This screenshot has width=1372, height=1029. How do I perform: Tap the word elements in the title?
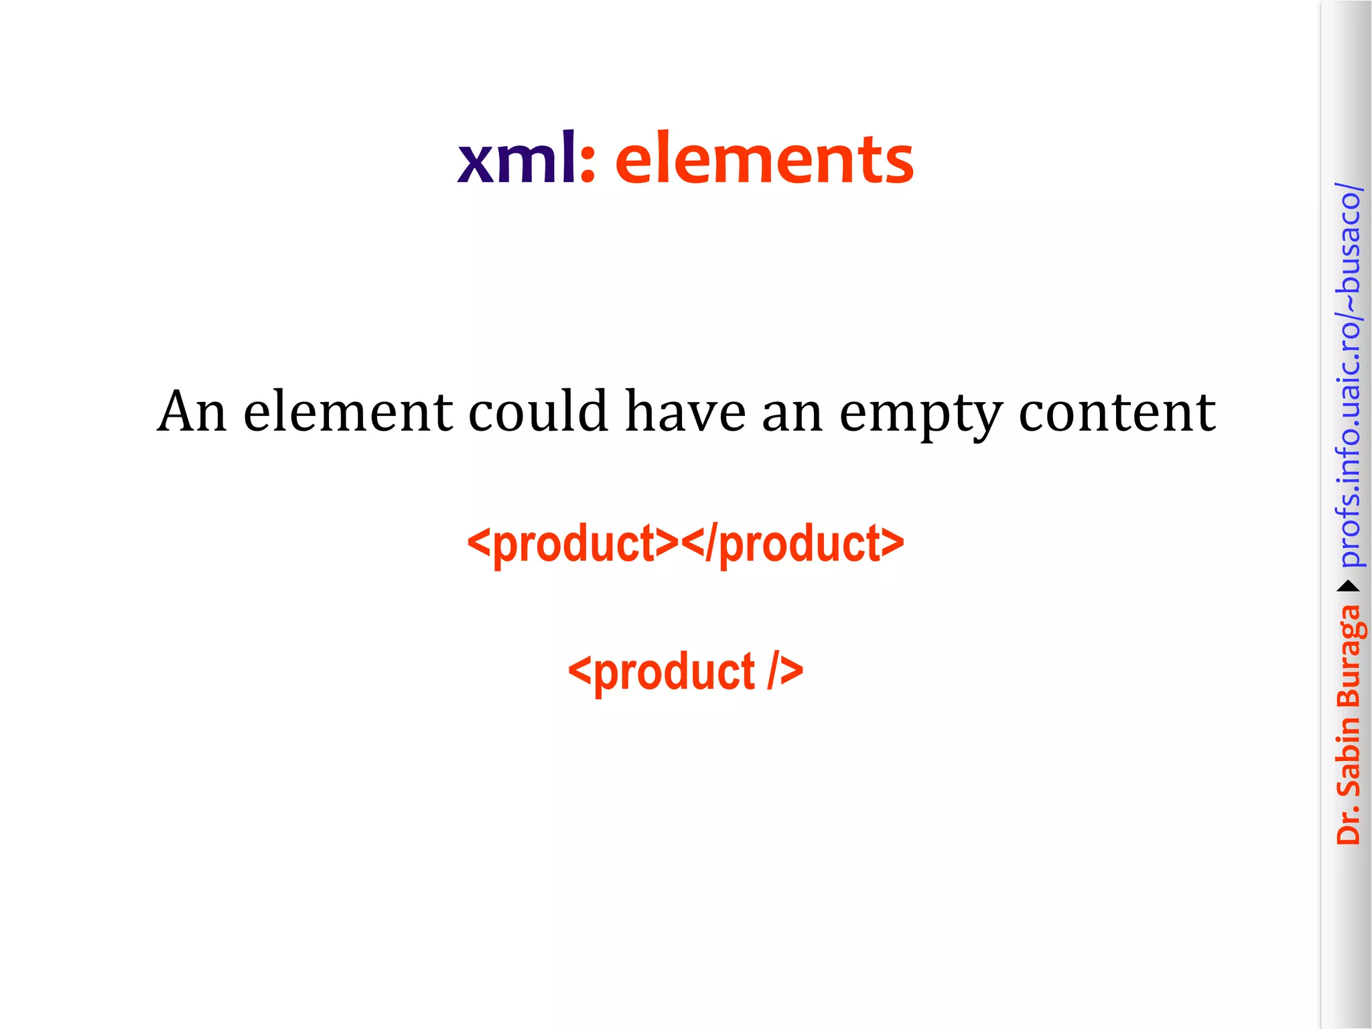[x=764, y=159]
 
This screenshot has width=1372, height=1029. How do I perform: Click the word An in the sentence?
[x=192, y=411]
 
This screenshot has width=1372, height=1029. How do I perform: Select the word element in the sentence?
[x=348, y=411]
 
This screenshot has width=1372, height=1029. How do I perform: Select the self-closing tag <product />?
[x=685, y=671]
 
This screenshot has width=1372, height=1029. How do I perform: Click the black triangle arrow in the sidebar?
[x=1349, y=587]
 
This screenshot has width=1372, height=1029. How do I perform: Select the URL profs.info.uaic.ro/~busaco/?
[x=1349, y=375]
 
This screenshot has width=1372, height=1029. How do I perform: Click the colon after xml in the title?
[x=588, y=164]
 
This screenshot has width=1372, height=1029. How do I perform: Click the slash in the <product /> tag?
[x=773, y=671]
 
